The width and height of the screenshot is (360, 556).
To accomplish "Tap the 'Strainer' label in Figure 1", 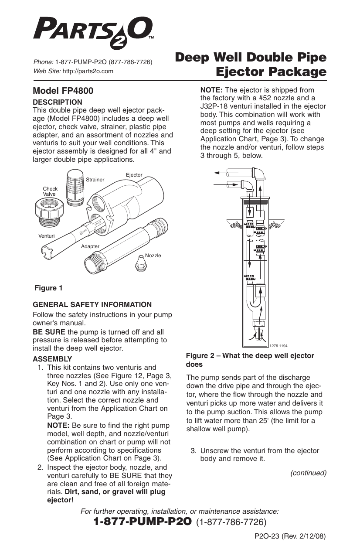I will [x=95, y=180].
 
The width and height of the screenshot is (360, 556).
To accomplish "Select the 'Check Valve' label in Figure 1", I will [x=50, y=191].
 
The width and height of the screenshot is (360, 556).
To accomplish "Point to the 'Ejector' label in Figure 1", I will [x=134, y=175].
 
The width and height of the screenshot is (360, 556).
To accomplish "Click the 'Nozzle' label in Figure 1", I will [x=153, y=256].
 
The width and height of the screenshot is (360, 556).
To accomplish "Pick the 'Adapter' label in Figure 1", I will [x=90, y=246].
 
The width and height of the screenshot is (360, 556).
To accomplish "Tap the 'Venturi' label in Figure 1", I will [x=43, y=235].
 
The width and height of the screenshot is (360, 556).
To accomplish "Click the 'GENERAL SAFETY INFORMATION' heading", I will [x=92, y=305].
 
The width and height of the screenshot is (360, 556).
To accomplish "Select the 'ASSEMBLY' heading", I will [x=52, y=359].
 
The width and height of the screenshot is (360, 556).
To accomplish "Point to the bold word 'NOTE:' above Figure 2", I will [x=211, y=89].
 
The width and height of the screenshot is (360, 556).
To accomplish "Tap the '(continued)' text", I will [x=308, y=473].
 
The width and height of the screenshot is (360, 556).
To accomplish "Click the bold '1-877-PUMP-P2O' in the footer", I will [x=143, y=522].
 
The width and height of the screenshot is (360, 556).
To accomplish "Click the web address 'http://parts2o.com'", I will [x=88, y=71].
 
